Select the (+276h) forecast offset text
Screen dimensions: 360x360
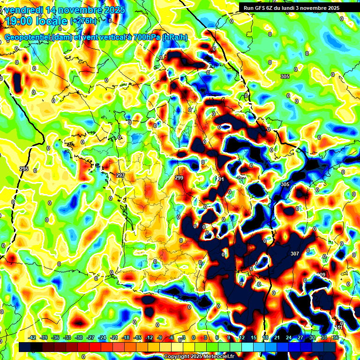84,21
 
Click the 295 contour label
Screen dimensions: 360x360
24,169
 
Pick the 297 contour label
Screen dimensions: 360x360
120,175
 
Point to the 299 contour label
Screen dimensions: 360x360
179,178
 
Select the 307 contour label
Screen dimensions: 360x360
294,254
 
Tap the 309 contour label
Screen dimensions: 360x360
321,275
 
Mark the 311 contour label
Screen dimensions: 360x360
339,327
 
